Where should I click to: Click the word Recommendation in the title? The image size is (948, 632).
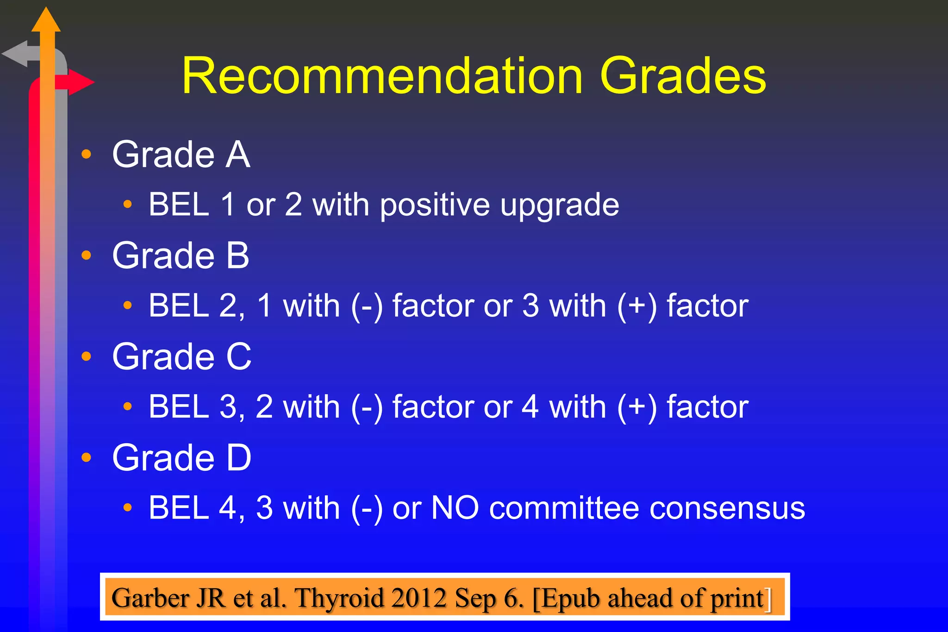coord(382,76)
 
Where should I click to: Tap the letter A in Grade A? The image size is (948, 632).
coord(238,155)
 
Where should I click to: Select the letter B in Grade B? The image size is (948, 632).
coord(238,256)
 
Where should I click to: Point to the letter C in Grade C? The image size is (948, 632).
coord(239,357)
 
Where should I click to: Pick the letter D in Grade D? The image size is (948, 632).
coord(239,458)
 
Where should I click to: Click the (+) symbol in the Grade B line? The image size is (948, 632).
coord(637,306)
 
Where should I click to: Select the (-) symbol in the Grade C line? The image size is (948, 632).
coord(367,408)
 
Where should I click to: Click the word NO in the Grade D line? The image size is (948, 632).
coord(455,508)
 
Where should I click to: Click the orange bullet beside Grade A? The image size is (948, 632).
coord(87,154)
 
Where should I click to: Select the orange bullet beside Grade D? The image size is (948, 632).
coord(87,458)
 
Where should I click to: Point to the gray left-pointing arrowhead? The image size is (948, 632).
coord(15,54)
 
